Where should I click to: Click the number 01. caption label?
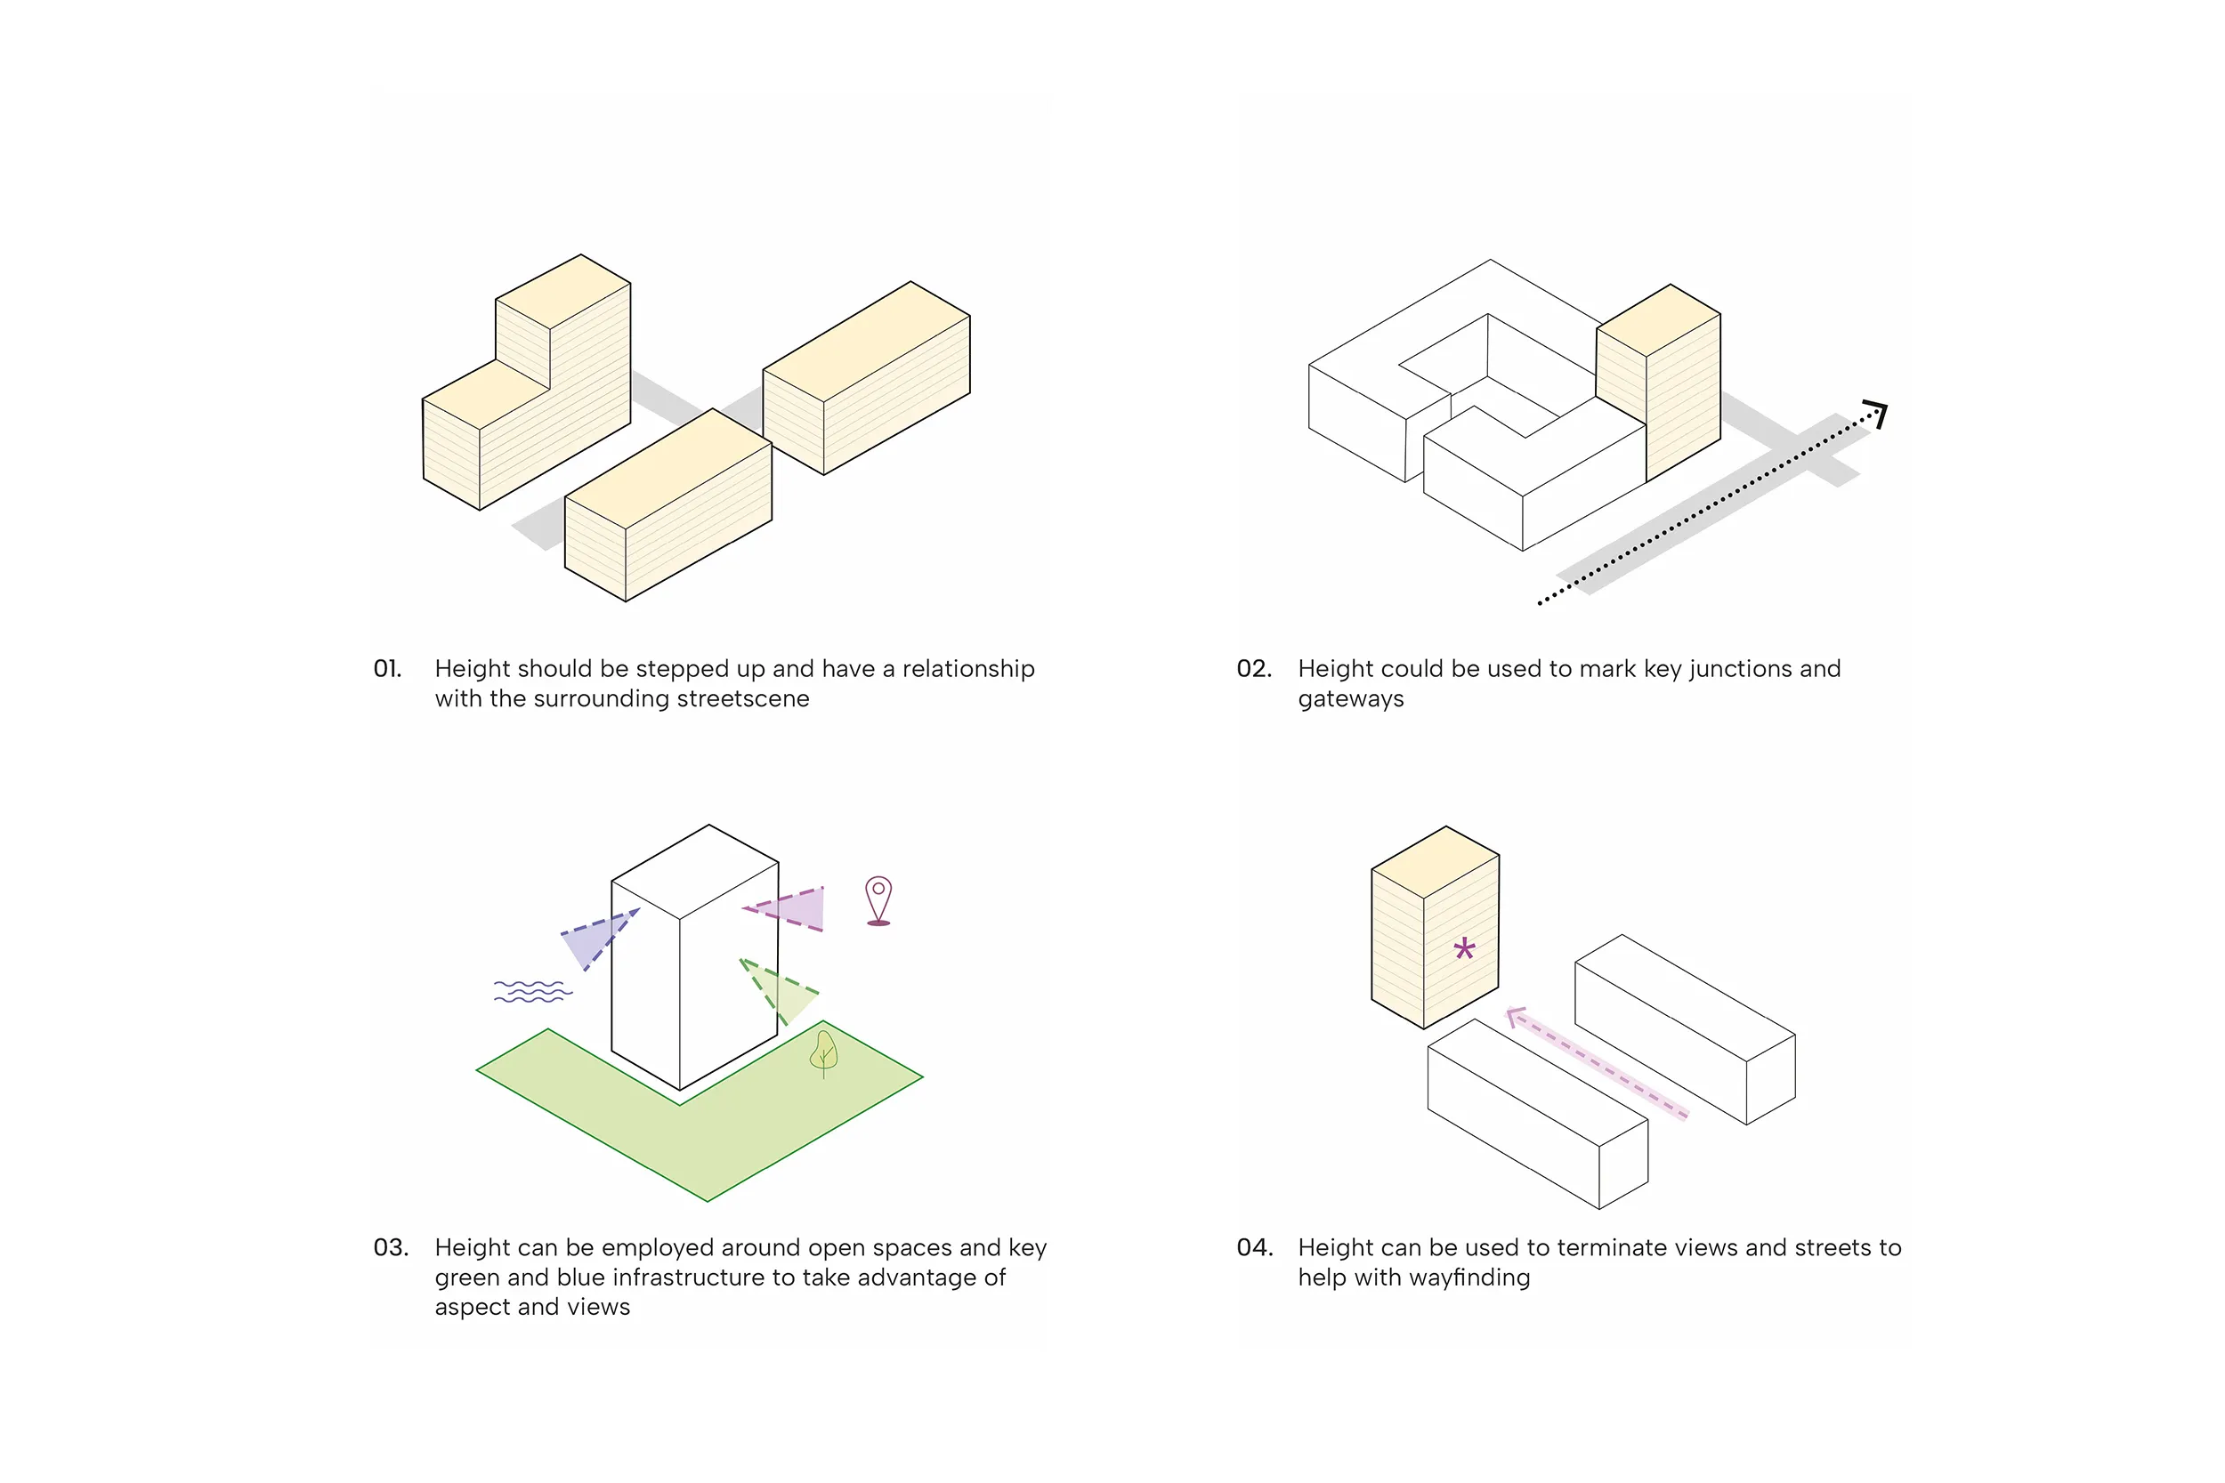[387, 669]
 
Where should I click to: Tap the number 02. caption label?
[1253, 669]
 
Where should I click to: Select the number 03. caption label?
[391, 1247]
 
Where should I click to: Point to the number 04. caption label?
[1254, 1247]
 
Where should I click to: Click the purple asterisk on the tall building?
[1464, 947]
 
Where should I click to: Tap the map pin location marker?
[878, 899]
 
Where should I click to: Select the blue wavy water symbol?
[532, 991]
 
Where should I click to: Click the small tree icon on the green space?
[824, 1052]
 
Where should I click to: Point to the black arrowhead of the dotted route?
[1877, 413]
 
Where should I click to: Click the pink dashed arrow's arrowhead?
[1515, 1017]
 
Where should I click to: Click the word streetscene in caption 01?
[742, 699]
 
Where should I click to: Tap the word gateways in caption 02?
[1351, 700]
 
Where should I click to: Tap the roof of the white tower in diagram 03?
[695, 870]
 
